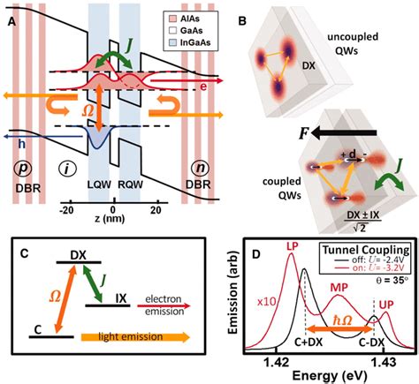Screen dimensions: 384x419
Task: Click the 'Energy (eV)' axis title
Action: tap(329, 378)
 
